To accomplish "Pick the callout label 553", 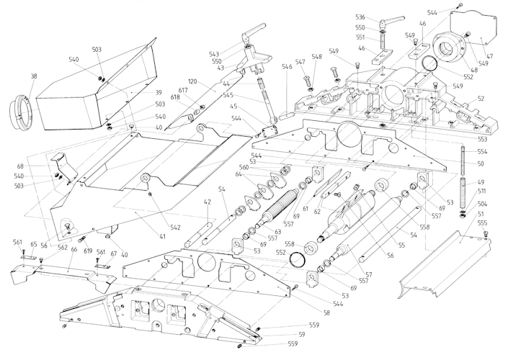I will [482, 138].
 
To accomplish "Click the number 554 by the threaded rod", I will [482, 152].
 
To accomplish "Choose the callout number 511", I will [482, 192].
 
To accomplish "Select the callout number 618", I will [175, 97].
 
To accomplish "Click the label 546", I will [287, 68].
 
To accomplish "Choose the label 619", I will [87, 251].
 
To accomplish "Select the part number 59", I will [302, 334].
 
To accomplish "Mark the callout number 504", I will [482, 204].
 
